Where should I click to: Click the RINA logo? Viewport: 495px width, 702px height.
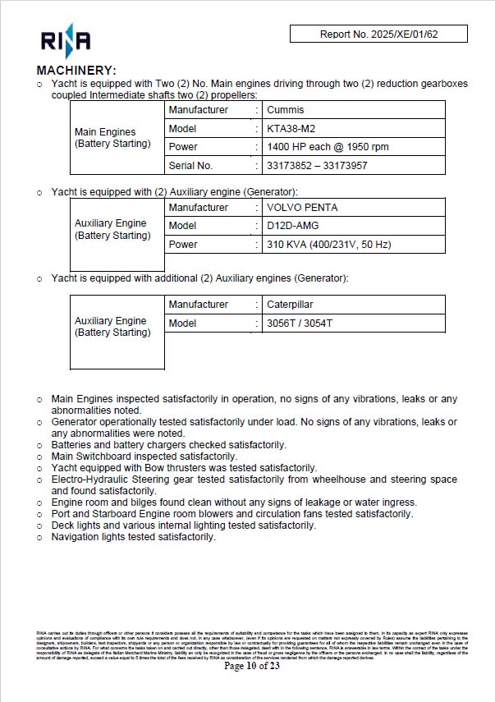66,39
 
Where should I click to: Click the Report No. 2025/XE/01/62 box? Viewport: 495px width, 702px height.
378,34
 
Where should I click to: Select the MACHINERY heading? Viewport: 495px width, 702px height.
77,71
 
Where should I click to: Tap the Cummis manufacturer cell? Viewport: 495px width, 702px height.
286,110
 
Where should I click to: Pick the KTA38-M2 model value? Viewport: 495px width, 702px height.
291,128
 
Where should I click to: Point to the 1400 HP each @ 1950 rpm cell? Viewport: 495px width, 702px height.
328,147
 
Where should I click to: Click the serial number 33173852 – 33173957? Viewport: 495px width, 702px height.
317,165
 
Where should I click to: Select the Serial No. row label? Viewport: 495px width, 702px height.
190,165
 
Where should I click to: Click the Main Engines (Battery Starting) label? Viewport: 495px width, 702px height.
112,138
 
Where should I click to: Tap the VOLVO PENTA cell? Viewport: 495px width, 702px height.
302,208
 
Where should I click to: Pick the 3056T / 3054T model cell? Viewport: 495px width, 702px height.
300,323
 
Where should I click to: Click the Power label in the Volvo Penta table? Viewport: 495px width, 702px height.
183,245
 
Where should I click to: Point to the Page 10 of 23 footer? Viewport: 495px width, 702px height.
252,666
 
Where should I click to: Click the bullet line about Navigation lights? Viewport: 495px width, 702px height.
133,537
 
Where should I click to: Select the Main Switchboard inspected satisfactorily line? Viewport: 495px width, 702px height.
144,457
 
